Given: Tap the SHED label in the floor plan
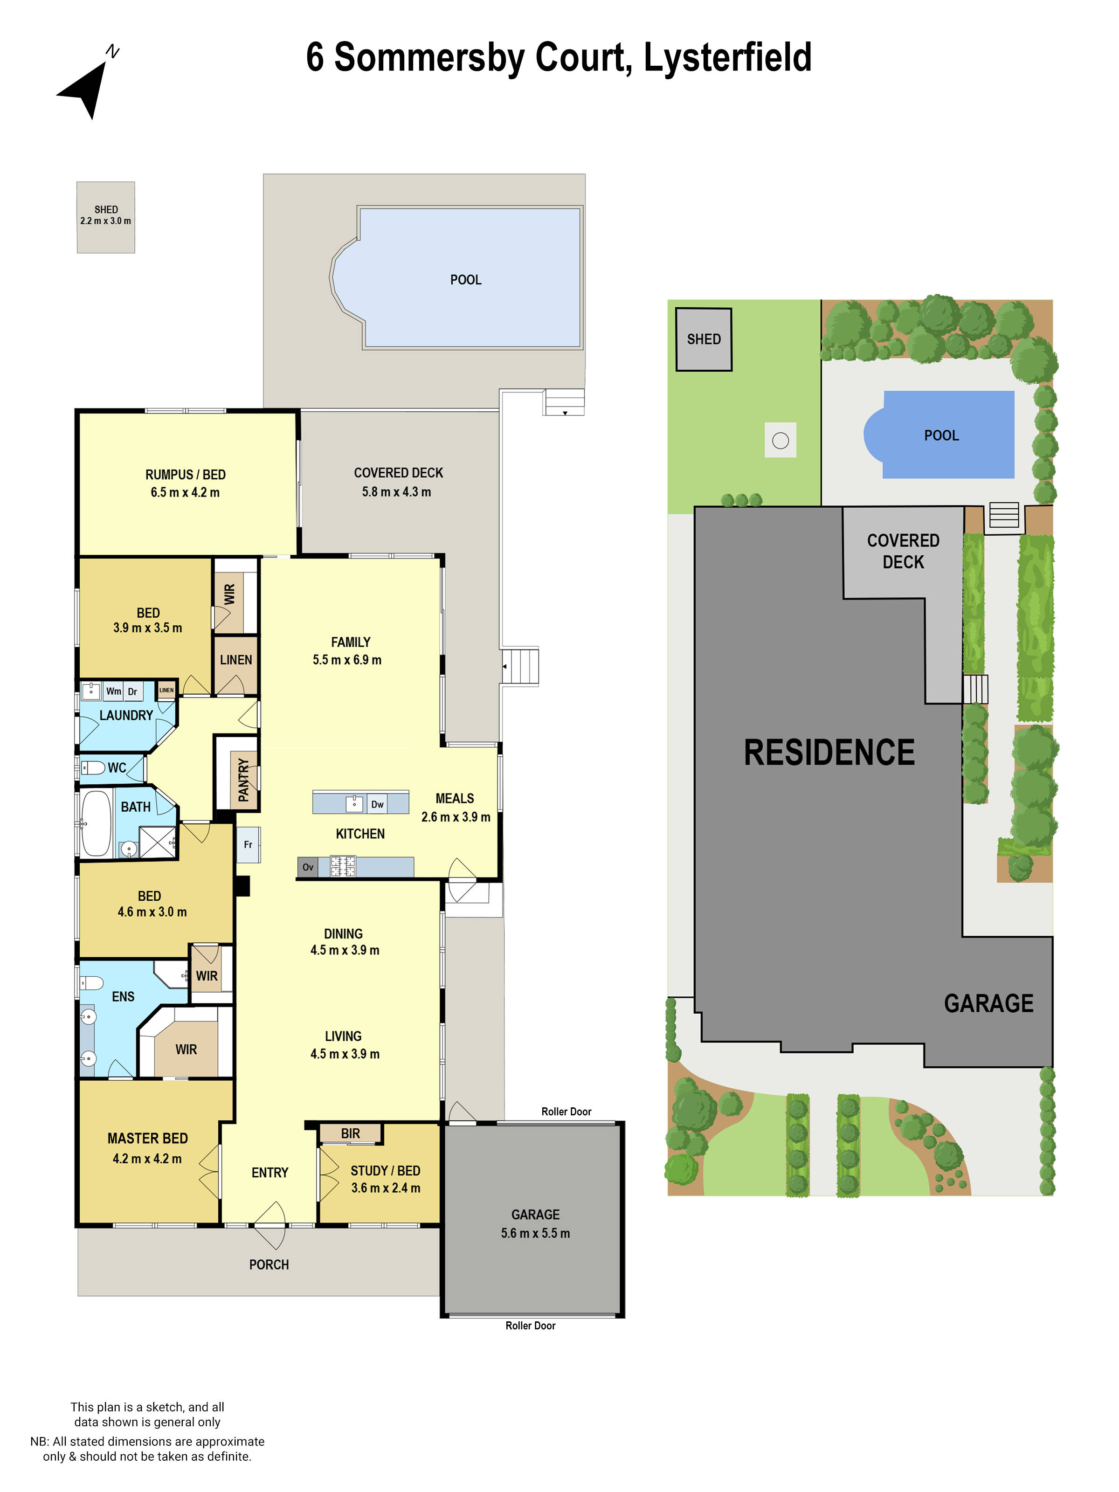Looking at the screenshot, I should click(x=106, y=210).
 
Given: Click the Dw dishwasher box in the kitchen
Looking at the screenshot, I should click(x=377, y=804).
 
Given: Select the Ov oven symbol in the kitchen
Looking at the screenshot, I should click(x=308, y=867).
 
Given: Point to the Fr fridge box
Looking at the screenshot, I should click(x=248, y=844).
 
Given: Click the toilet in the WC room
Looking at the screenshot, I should click(x=94, y=767).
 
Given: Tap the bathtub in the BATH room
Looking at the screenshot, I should click(x=97, y=823).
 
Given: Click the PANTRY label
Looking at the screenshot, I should click(x=243, y=781).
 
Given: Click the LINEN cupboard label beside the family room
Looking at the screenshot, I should click(x=235, y=660).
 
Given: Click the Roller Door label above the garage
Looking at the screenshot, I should click(x=566, y=1112).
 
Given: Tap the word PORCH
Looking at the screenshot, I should click(x=269, y=1264).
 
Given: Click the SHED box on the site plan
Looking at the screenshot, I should click(x=704, y=339).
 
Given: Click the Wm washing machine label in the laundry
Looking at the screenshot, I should click(x=113, y=691).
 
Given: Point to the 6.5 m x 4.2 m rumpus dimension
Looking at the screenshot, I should click(x=185, y=492).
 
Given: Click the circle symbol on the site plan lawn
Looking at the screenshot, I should click(x=781, y=441).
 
